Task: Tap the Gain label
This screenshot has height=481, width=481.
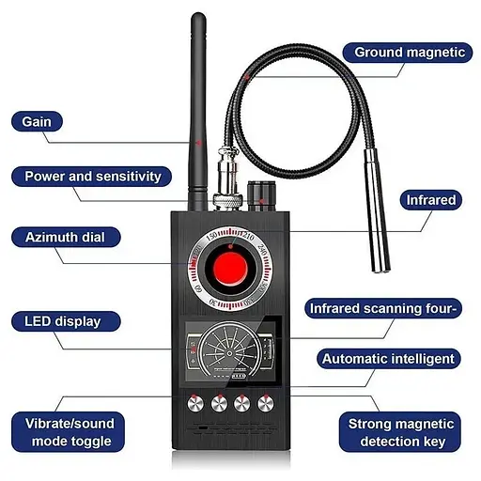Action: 39,122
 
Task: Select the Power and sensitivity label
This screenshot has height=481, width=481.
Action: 92,176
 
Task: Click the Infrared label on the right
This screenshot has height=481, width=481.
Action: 431,199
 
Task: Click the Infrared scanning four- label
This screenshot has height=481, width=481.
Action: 386,307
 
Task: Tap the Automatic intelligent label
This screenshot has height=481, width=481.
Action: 388,358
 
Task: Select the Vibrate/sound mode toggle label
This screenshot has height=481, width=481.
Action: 69,432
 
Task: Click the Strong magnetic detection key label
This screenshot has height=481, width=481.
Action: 400,432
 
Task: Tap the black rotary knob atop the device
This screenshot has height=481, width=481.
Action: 261,193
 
